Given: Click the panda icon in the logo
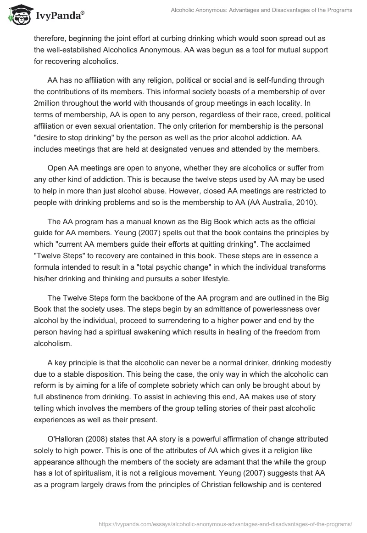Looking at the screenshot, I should point(17,16).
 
